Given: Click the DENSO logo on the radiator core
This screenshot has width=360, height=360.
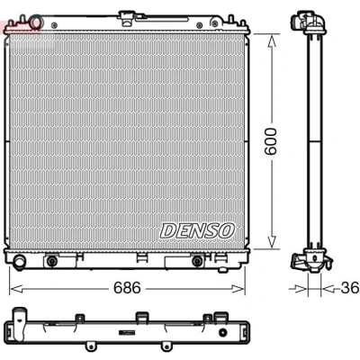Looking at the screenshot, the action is click(197, 230).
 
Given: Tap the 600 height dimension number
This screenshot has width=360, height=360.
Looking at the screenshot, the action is click(271, 141).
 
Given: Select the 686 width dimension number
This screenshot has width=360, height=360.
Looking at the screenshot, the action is click(127, 288).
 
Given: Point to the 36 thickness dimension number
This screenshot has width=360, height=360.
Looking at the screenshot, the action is click(349, 288).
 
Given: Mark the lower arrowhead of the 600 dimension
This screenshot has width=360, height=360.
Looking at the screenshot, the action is click(272, 242).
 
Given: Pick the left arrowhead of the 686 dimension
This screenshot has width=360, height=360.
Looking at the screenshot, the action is click(16, 289).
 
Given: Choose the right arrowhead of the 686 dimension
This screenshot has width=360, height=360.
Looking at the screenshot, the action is click(238, 289).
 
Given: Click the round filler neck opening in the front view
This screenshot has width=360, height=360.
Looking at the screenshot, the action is click(36, 23).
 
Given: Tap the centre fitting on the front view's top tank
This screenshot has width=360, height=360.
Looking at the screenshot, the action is click(123, 17).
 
